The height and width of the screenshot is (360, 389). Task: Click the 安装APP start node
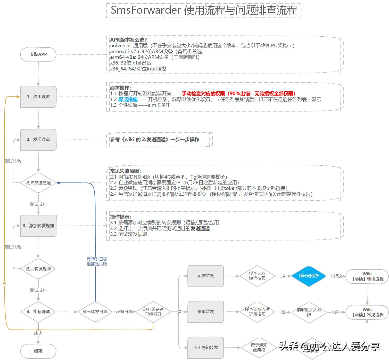tap(38, 54)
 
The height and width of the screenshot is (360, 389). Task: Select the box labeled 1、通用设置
tap(38, 97)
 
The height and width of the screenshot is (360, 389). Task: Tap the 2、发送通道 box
tap(38, 140)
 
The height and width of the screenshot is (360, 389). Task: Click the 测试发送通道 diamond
tap(38, 183)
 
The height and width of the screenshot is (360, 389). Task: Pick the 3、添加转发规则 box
tap(38, 226)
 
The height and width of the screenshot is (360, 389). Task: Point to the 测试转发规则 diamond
tap(38, 269)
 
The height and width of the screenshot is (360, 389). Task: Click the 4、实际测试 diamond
tap(38, 312)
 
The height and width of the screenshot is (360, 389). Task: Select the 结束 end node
tap(38, 351)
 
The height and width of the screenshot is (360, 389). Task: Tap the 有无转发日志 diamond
tap(95, 312)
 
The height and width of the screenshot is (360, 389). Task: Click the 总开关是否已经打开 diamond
tap(153, 312)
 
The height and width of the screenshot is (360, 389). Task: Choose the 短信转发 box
tap(205, 276)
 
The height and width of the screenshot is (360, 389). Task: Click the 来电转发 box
tap(205, 312)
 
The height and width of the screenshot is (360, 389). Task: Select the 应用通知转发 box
tap(205, 348)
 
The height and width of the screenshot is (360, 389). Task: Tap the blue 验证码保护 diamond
tap(309, 276)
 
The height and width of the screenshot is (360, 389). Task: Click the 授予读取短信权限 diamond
tap(257, 276)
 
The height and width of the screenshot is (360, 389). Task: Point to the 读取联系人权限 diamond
tap(309, 312)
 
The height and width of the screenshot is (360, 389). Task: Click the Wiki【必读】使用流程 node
tap(367, 276)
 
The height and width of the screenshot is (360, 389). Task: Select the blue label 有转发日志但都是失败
tap(97, 261)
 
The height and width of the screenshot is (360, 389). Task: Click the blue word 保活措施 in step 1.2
tap(128, 99)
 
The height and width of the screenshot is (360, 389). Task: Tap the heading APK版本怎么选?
tap(128, 40)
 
